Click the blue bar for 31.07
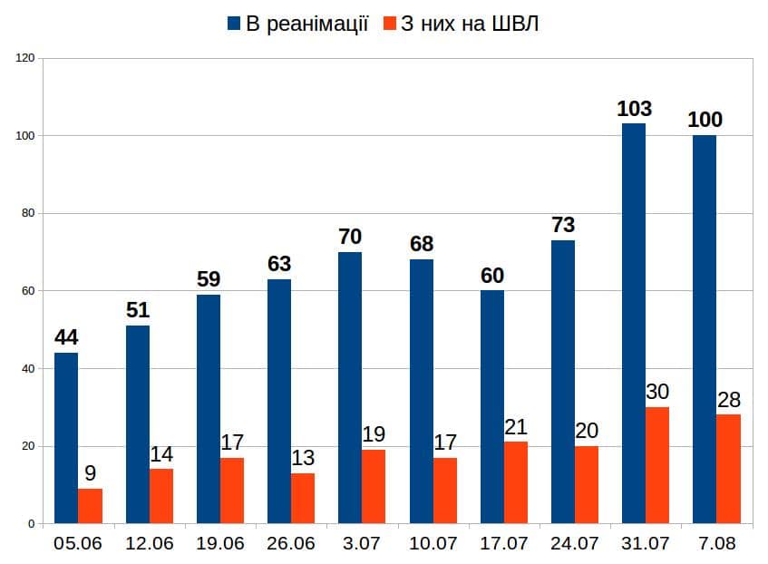click(634, 324)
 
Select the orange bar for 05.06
click(90, 506)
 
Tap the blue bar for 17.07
click(492, 407)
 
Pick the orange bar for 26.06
click(303, 498)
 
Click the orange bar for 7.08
click(728, 469)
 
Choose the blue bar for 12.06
click(138, 424)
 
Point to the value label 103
click(634, 110)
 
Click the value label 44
click(66, 338)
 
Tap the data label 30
click(657, 393)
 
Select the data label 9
click(90, 473)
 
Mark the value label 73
click(563, 226)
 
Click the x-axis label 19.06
click(219, 544)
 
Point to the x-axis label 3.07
click(361, 544)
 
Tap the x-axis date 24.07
click(575, 544)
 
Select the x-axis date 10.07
click(433, 544)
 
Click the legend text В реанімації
click(307, 24)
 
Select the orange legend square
click(390, 24)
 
